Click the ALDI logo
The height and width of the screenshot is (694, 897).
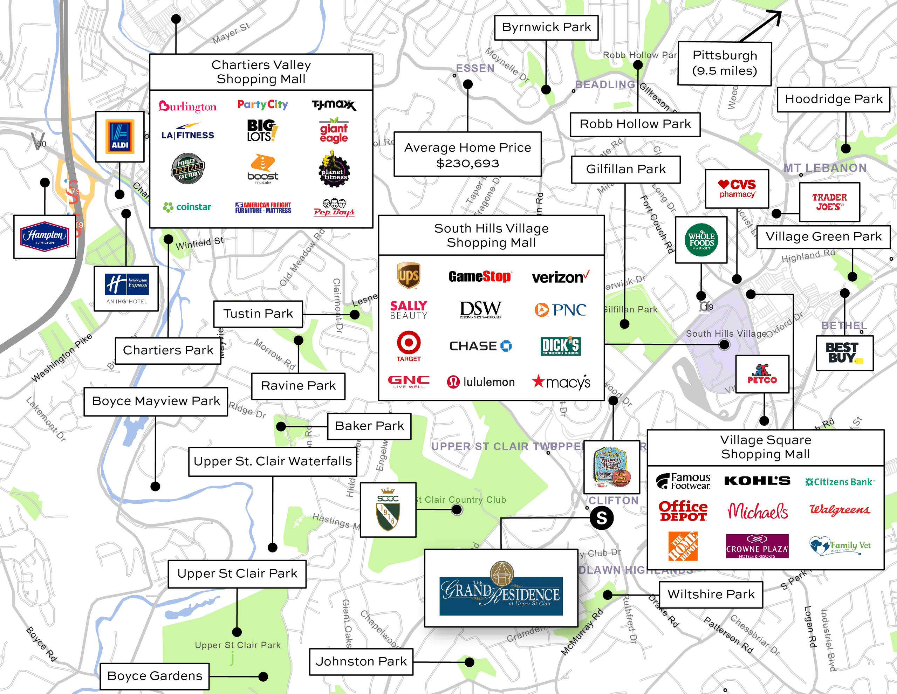click(x=119, y=136)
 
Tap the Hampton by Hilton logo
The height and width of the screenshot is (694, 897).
click(x=45, y=236)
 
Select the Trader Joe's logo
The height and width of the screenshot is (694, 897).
click(x=829, y=202)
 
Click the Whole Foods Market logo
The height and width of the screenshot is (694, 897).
click(x=701, y=240)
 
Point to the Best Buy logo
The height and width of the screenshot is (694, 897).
click(x=844, y=353)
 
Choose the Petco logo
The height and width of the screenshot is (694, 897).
click(x=762, y=374)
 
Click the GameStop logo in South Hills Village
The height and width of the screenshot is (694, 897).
click(x=479, y=276)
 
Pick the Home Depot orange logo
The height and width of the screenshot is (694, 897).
click(x=683, y=546)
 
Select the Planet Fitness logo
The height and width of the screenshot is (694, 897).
click(x=334, y=170)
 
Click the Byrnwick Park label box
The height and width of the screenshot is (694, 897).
click(x=546, y=28)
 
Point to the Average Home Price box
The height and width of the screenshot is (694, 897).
click(x=467, y=154)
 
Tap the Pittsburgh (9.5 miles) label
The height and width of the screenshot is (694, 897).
click(x=724, y=63)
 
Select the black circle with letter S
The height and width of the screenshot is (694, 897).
click(x=601, y=518)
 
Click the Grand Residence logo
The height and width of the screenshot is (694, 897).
click(x=501, y=589)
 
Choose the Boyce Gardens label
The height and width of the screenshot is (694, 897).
click(x=155, y=675)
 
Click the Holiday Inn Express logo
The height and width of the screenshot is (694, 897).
click(x=126, y=288)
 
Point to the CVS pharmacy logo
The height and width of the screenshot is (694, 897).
click(x=737, y=188)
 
